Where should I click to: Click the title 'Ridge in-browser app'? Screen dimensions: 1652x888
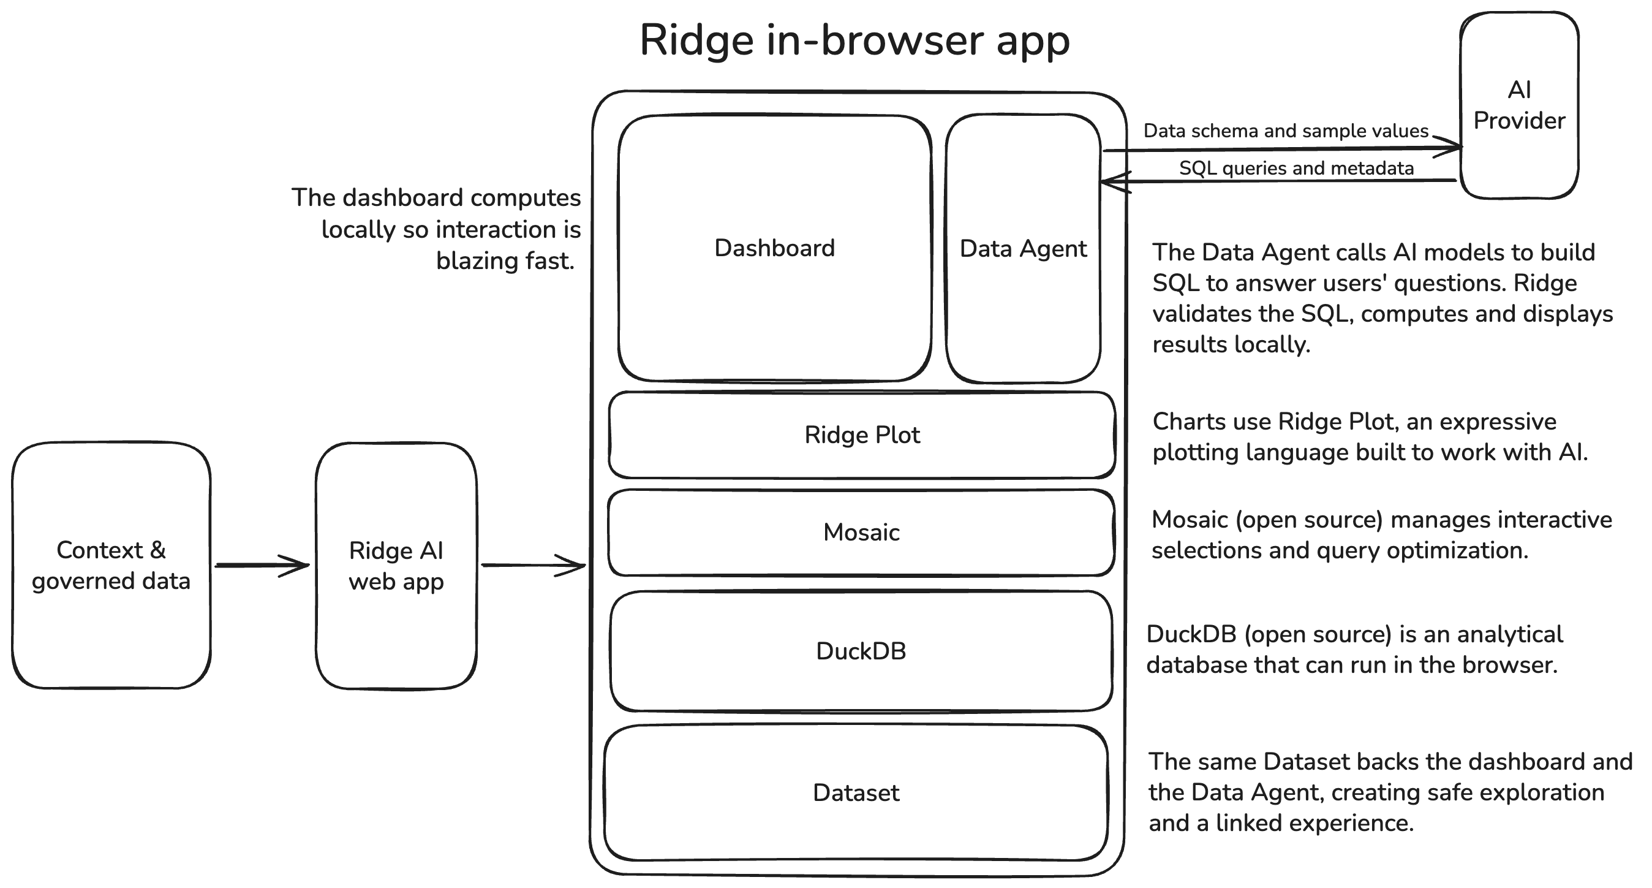(855, 41)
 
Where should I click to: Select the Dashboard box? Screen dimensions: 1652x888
(775, 248)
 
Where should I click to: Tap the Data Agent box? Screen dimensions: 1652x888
(1024, 248)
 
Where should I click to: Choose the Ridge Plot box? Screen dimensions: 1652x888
(862, 435)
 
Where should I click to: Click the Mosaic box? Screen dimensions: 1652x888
(861, 533)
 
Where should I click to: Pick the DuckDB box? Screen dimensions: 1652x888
(861, 651)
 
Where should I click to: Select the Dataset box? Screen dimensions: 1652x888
(856, 793)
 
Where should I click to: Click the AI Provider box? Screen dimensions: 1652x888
(1519, 105)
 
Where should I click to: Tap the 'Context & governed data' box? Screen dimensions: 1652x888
(111, 565)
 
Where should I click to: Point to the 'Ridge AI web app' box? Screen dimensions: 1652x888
(396, 566)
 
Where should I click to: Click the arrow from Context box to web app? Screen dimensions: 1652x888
(262, 565)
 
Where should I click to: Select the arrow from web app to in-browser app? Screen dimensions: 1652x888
(534, 565)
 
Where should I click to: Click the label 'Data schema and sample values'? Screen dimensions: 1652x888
(1286, 131)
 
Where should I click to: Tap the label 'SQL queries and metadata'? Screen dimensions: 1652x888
(1296, 168)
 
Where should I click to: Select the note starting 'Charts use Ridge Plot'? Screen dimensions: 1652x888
(1370, 437)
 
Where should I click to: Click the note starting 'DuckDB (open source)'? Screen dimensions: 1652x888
(1354, 650)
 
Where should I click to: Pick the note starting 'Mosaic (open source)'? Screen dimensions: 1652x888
(1381, 534)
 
